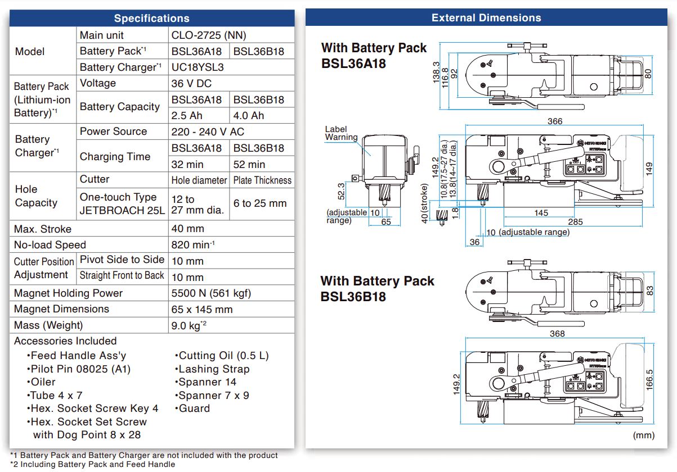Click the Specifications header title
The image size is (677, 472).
151,19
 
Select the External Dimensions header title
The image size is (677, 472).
486,18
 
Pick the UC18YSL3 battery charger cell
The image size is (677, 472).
198,67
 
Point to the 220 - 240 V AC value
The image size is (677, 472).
207,131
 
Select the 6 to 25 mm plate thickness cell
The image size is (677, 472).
260,203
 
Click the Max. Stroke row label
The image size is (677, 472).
43,229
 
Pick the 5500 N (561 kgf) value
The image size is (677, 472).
211,293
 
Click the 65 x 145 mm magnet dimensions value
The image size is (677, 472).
201,310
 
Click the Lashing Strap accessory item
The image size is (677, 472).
214,369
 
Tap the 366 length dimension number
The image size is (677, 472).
554,121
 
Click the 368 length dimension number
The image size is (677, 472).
557,334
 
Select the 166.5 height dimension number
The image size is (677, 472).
650,380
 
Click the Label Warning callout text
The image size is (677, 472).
341,133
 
